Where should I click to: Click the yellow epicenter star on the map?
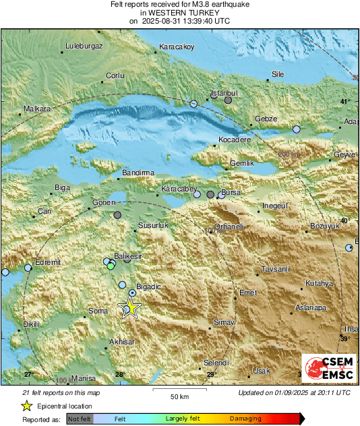point(129,308)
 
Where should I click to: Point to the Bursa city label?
point(231,192)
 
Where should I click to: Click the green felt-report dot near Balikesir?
point(111,266)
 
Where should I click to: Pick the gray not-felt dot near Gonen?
point(118,215)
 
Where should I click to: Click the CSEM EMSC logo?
point(328,369)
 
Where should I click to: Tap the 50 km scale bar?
point(179,390)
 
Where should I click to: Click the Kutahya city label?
point(320,283)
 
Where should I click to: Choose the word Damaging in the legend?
point(245,419)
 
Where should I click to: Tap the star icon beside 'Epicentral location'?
point(26,406)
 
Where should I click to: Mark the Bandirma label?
point(138,173)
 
